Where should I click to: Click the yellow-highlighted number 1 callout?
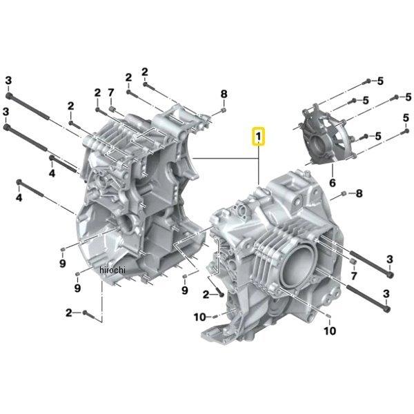point(259,137)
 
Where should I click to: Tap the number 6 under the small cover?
point(333,183)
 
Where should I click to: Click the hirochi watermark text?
point(112,270)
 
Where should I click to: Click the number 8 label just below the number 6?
point(359,193)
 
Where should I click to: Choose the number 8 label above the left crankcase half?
point(224,94)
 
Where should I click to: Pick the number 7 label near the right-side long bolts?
point(354,275)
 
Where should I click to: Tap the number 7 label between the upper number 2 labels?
point(111,92)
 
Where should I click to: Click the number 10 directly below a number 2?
point(200,317)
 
